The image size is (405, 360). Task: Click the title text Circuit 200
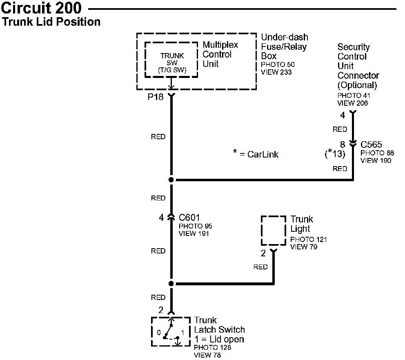42,8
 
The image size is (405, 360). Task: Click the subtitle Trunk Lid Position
51,22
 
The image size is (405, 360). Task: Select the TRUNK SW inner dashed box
171,60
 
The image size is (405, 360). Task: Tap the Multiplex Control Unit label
220,54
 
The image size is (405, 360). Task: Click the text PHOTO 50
277,65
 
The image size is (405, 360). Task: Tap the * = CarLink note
256,155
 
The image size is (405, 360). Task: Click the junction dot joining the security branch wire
171,180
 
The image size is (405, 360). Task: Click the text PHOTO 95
195,226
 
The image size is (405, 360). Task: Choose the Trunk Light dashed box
273,230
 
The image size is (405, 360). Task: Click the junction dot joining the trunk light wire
171,284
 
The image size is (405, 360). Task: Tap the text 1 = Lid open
219,339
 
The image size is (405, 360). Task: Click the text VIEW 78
207,355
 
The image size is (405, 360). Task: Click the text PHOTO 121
308,240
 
